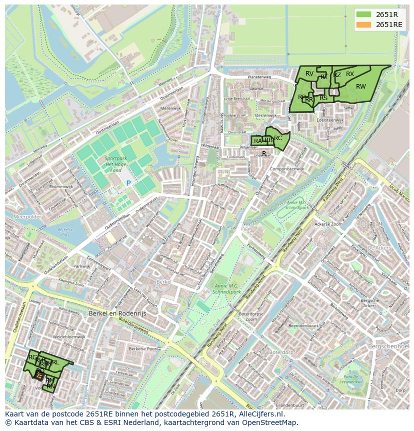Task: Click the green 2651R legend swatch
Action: (x=364, y=15)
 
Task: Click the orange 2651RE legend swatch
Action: (x=364, y=25)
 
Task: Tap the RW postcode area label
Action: (x=360, y=87)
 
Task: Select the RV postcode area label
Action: (x=309, y=74)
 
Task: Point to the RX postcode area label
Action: (x=350, y=74)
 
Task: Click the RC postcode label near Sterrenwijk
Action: (x=278, y=138)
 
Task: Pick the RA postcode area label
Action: (x=257, y=141)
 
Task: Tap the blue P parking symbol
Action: (x=128, y=183)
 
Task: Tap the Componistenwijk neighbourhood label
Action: (x=287, y=169)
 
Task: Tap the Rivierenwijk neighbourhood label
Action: (x=61, y=186)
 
